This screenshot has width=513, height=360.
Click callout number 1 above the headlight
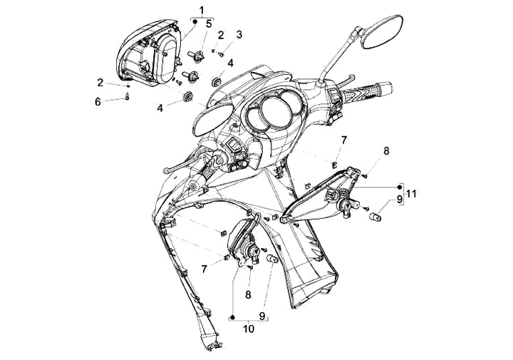pos(202,11)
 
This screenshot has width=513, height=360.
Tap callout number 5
pos(209,24)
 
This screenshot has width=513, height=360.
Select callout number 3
pos(239,34)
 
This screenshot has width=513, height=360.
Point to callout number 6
pos(98,102)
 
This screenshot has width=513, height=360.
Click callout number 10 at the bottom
pos(249,329)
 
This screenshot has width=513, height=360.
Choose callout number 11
pos(411,194)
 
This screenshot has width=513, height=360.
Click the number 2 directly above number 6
pos(100,83)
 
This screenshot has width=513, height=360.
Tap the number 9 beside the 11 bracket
pos(399,200)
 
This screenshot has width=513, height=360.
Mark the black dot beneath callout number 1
pos(195,22)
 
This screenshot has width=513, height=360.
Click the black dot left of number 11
pos(399,187)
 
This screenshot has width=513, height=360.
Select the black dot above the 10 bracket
pos(232,317)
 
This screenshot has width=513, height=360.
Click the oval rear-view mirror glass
pos(382,31)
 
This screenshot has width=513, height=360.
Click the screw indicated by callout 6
pos(128,96)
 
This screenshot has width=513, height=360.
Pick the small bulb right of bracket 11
pos(375,216)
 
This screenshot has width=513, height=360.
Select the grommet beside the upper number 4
pos(216,81)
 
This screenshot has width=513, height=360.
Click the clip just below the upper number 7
pos(334,165)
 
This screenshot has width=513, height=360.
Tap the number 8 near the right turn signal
pos(386,151)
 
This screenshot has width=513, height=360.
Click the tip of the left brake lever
pos(165,170)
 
